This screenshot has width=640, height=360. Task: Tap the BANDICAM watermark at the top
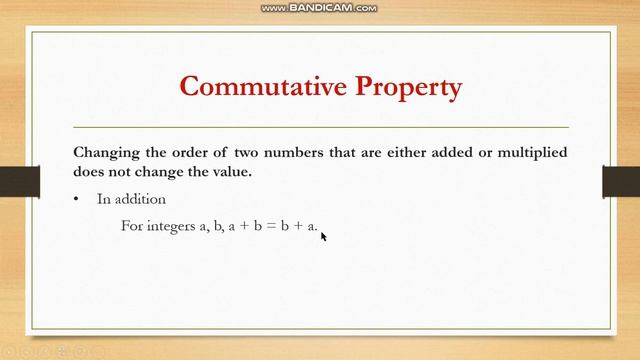click(320, 8)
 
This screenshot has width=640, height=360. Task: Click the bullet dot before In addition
click(76, 199)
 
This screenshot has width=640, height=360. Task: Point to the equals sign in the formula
click(267, 226)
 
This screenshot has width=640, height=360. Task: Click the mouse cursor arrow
click(324, 236)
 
